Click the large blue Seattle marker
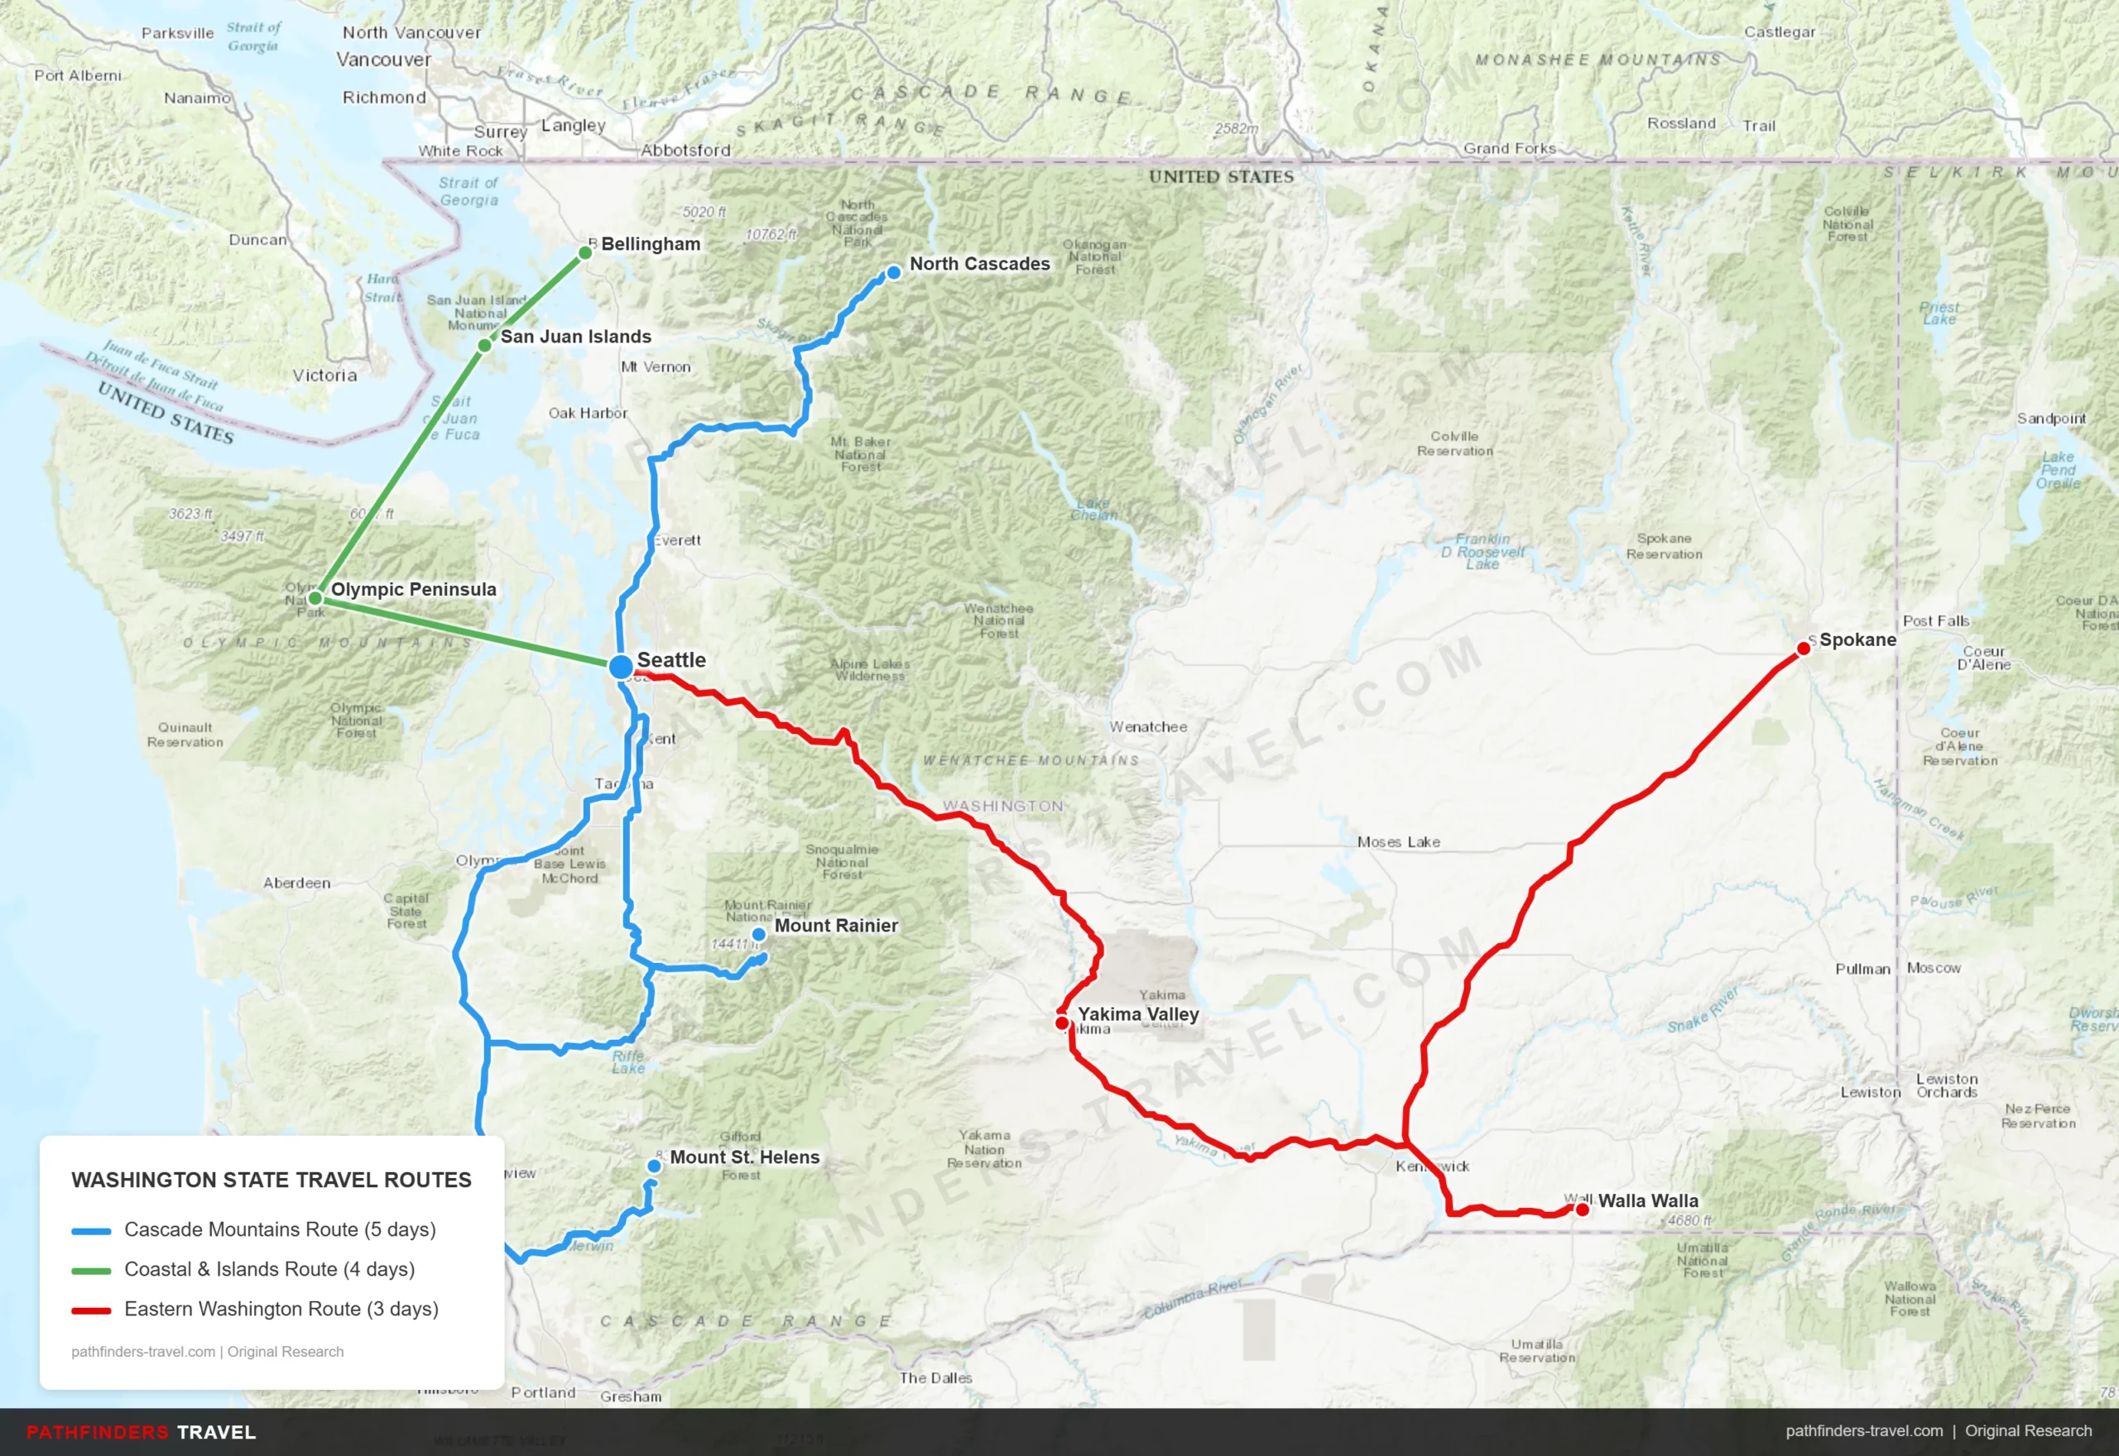click(x=621, y=666)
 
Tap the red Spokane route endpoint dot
click(x=1804, y=649)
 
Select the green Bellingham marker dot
click(x=585, y=252)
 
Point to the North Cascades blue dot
click(x=893, y=272)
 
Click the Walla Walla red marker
click(x=1583, y=1209)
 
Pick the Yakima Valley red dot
click(x=1062, y=1023)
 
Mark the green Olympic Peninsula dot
click(x=315, y=597)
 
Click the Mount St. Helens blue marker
click(x=654, y=1166)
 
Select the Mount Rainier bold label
click(x=836, y=925)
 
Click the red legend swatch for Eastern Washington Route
click(x=91, y=1310)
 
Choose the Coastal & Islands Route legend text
click(x=269, y=1269)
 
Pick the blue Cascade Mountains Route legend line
click(x=91, y=1231)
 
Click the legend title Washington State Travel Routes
click(x=271, y=1180)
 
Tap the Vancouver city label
click(x=383, y=60)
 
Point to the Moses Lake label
click(x=1398, y=842)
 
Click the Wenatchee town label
click(x=1148, y=727)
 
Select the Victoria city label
click(x=324, y=375)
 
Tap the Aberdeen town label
click(x=296, y=883)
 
